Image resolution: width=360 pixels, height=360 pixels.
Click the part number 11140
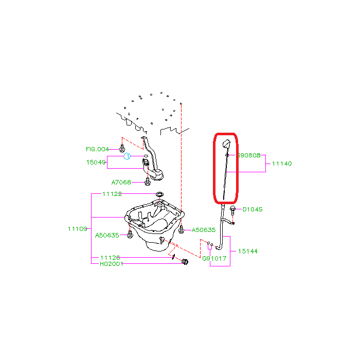[x=282, y=164]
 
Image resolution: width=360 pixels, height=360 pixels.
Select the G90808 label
[x=249, y=155]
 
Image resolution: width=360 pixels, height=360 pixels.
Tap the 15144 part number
[x=248, y=251]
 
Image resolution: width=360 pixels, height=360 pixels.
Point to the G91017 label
[x=214, y=259]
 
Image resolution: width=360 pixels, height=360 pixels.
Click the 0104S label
[x=253, y=209]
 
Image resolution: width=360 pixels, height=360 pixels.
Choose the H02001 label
[x=112, y=264]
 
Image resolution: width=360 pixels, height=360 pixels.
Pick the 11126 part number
[x=110, y=258]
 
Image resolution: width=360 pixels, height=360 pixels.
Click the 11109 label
[x=78, y=229]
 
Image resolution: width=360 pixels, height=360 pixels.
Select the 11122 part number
[x=112, y=194]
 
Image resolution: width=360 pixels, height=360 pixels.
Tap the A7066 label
[x=121, y=183]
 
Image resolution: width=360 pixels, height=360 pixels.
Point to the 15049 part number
[x=96, y=163]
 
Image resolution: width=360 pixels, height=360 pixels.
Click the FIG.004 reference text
[x=97, y=149]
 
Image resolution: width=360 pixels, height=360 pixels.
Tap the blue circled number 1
[x=127, y=156]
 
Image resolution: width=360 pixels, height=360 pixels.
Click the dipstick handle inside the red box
[x=226, y=143]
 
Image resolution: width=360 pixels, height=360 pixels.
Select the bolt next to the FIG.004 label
[x=122, y=148]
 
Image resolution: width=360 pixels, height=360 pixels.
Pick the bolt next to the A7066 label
[x=148, y=182]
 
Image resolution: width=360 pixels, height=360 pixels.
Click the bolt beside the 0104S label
[x=232, y=210]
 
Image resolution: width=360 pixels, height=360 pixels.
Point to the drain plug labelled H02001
[x=185, y=262]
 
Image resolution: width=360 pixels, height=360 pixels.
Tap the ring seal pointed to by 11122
[x=159, y=194]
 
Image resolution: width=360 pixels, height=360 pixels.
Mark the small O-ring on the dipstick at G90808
[x=227, y=155]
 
